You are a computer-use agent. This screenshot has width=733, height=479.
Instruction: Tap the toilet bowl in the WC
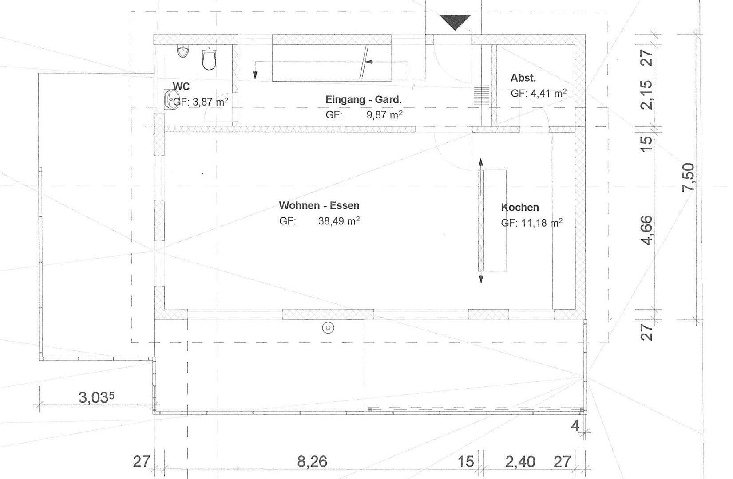209,58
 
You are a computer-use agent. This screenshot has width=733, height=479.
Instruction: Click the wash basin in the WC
170,99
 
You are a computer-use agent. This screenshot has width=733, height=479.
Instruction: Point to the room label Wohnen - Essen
319,205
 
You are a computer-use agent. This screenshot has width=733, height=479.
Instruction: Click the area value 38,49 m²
339,221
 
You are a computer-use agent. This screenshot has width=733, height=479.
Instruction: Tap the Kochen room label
519,207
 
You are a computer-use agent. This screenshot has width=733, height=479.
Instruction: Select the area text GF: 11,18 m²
531,223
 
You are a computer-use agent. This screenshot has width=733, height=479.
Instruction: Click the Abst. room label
523,78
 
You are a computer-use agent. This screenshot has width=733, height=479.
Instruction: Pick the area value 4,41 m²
548,94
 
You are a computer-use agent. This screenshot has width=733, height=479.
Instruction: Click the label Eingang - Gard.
363,100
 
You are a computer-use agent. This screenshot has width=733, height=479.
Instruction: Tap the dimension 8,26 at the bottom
312,462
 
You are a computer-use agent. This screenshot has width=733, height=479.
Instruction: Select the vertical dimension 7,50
688,177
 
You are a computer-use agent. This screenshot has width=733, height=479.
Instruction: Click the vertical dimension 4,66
648,230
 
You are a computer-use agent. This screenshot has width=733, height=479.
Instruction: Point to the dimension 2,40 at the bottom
520,462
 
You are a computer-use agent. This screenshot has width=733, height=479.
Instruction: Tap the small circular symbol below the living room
328,328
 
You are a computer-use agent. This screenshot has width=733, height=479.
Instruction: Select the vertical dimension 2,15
648,94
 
